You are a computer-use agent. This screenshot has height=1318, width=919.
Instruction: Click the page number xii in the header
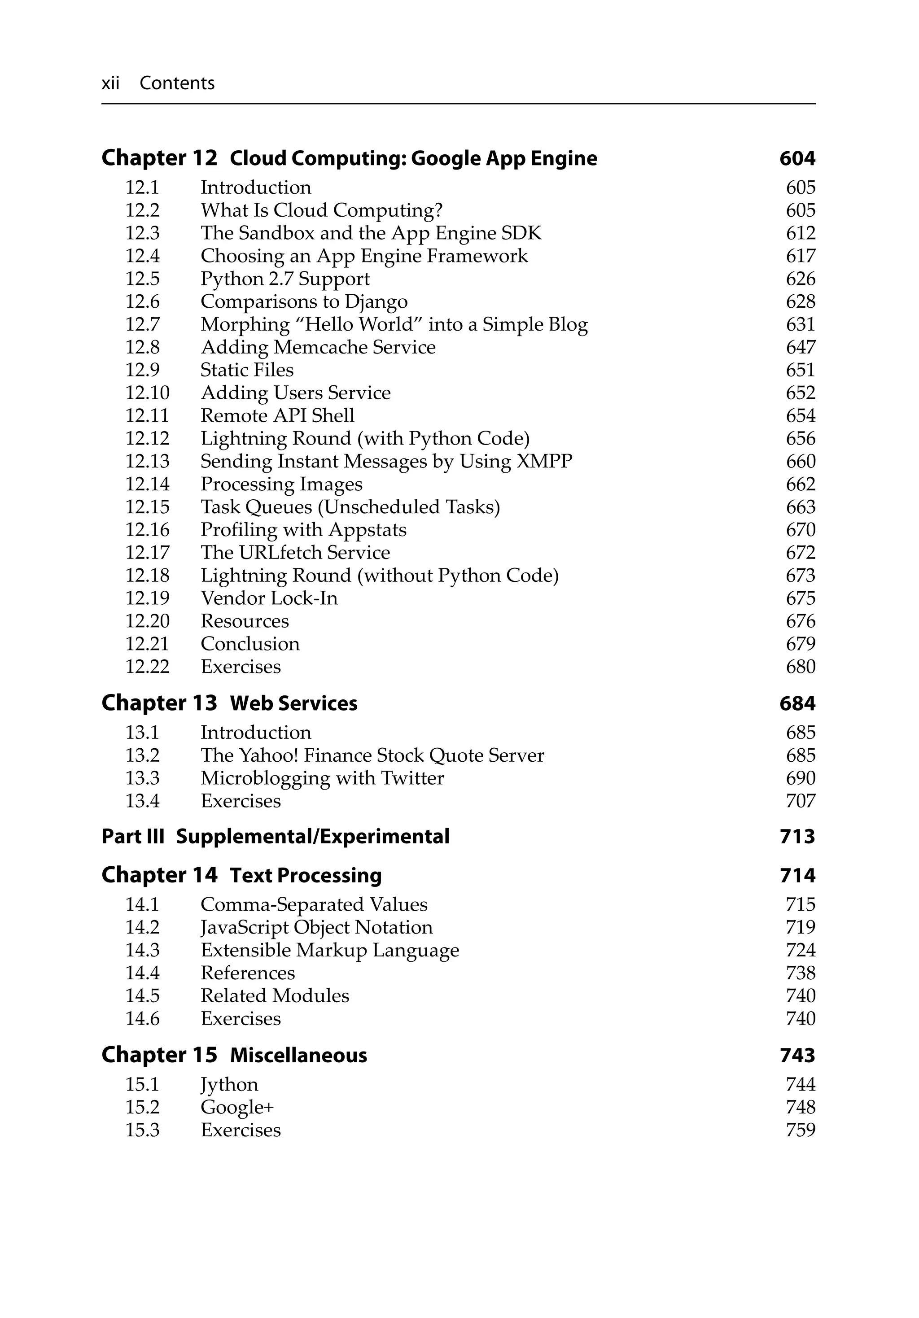110,83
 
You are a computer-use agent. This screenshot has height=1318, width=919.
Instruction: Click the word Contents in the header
177,83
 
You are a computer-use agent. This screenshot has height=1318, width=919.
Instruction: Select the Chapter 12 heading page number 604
797,158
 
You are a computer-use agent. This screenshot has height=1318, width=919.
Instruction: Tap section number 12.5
142,279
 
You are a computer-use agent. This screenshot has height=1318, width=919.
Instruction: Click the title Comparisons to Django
304,302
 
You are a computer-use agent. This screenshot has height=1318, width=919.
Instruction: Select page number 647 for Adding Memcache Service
800,347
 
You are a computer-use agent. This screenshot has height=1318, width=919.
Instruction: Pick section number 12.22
147,667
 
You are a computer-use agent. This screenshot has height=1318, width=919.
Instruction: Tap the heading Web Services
293,703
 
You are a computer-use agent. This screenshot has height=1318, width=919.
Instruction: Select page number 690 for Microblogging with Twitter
800,778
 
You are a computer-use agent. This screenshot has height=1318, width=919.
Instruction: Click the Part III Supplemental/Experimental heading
275,836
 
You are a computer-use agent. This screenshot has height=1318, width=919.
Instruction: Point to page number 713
797,836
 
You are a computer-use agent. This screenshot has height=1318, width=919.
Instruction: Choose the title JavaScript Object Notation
316,928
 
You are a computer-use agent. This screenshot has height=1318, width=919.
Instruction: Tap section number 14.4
142,973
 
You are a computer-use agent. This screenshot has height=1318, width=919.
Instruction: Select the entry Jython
229,1085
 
